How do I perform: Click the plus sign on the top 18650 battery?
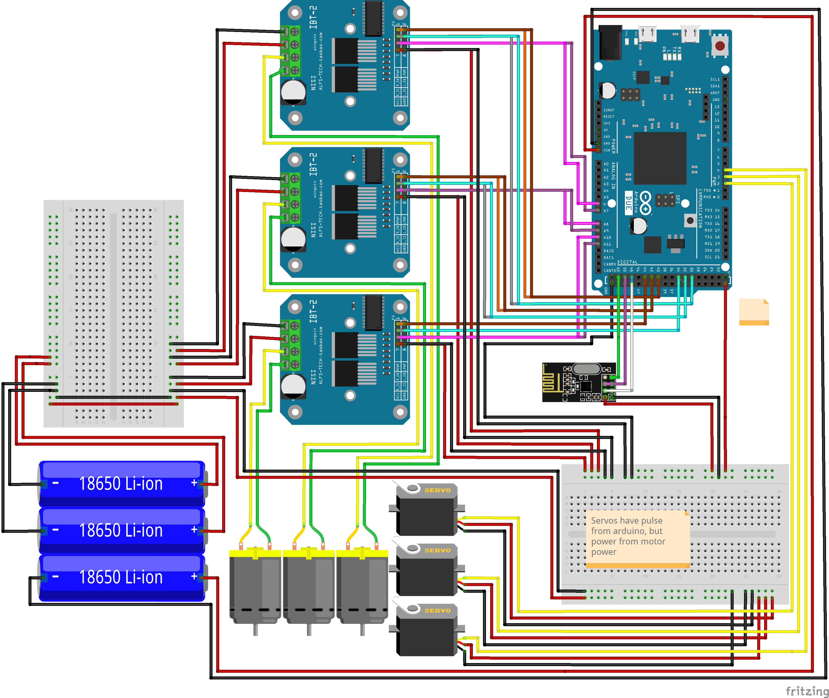click(194, 483)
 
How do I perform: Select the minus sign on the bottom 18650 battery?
click(56, 577)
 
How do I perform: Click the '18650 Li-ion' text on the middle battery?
click(121, 531)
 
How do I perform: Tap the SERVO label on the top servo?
click(437, 490)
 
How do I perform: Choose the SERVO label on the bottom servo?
click(437, 611)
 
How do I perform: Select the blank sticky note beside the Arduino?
click(754, 312)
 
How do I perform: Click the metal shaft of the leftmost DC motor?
click(256, 629)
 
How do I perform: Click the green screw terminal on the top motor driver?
click(291, 51)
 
